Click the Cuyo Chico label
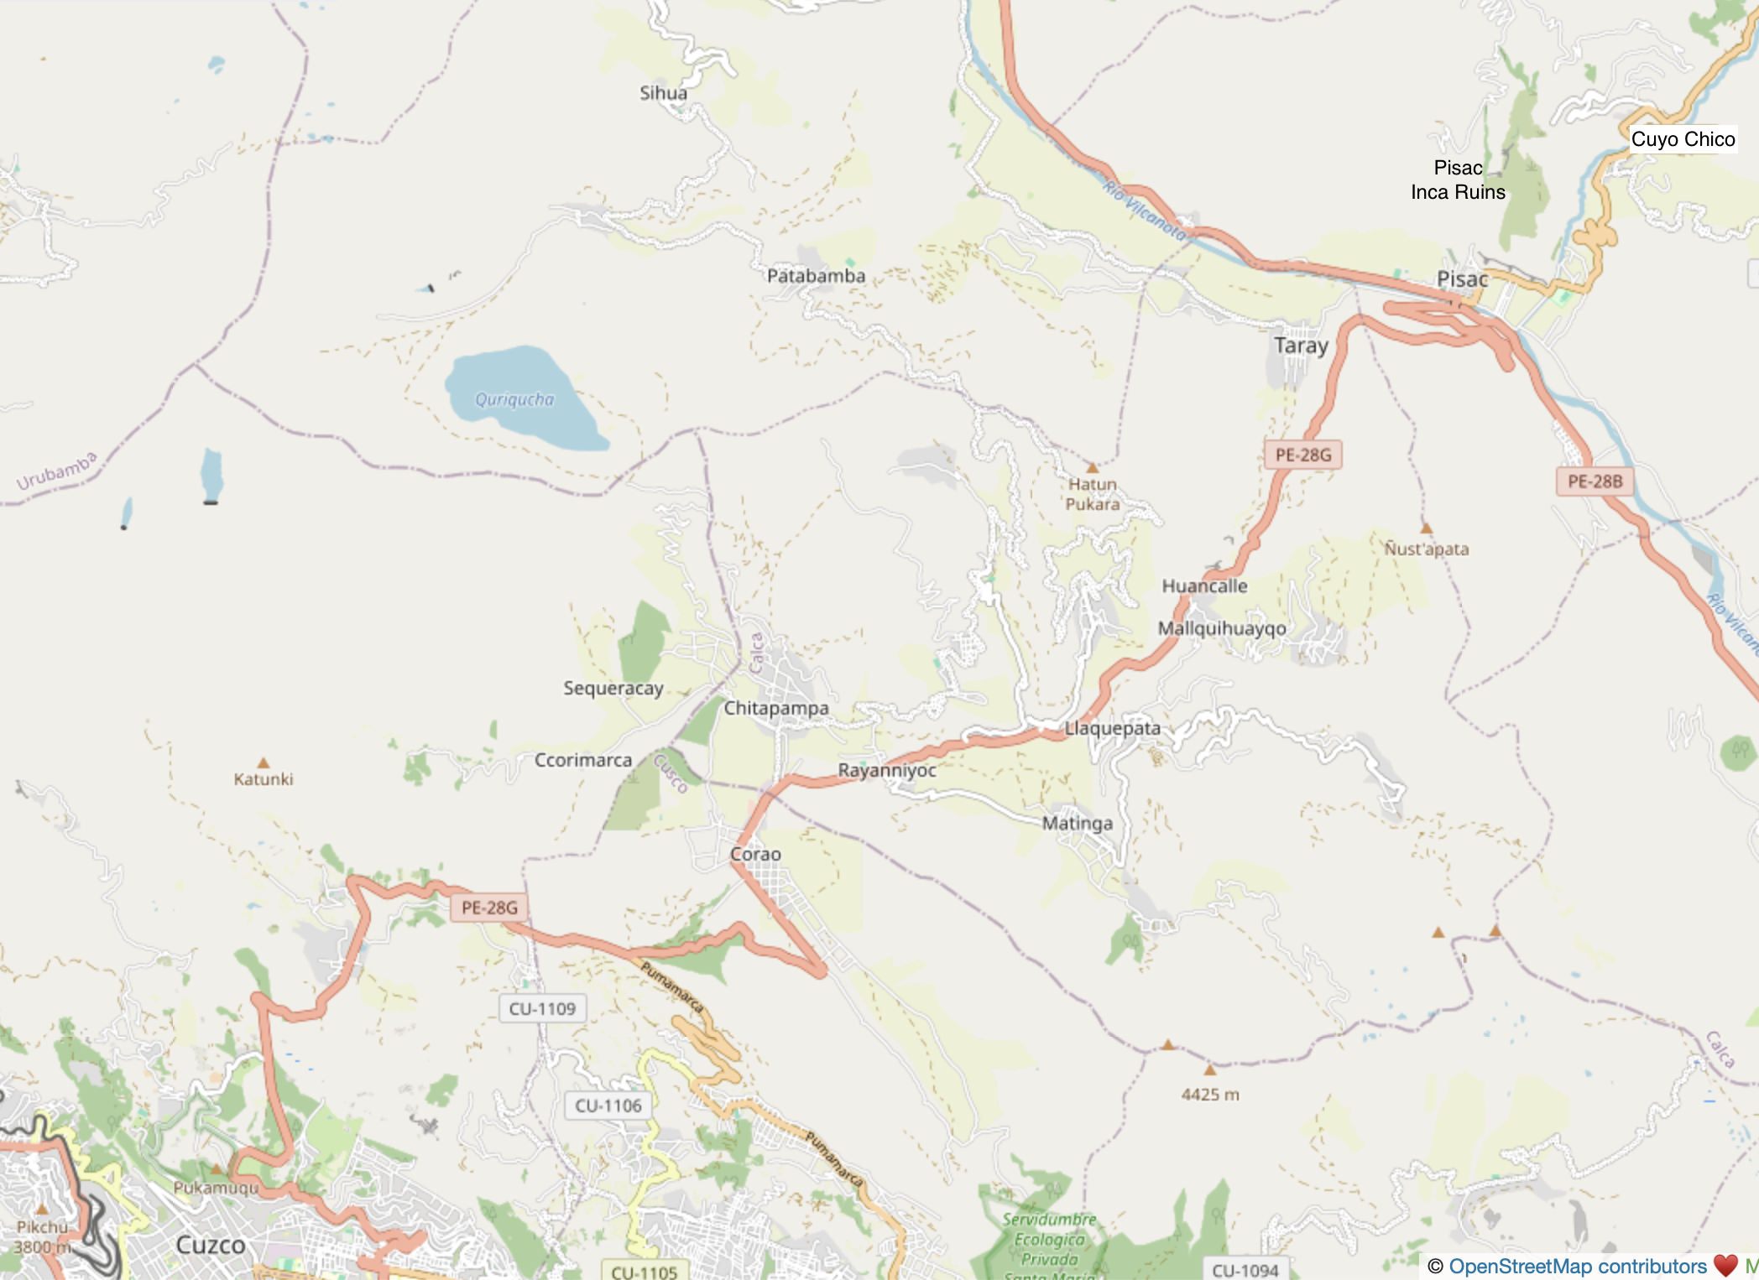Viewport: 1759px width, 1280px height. pyautogui.click(x=1682, y=139)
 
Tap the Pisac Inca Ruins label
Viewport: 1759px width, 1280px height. pyautogui.click(x=1458, y=180)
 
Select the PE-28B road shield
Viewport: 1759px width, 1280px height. pyautogui.click(x=1595, y=481)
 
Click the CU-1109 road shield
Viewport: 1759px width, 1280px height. pyautogui.click(x=542, y=1008)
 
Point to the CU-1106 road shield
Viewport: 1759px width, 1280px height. pyautogui.click(x=608, y=1106)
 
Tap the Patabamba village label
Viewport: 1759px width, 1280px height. pyautogui.click(x=816, y=276)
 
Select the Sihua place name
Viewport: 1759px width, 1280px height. pyautogui.click(x=663, y=93)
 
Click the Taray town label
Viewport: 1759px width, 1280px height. pyautogui.click(x=1301, y=346)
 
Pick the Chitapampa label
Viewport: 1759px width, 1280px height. pyautogui.click(x=776, y=708)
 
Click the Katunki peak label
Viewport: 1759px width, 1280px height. pyautogui.click(x=264, y=779)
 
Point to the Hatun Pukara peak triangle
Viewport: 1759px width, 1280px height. pyautogui.click(x=1093, y=467)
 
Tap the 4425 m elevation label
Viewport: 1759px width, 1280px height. pyautogui.click(x=1209, y=1095)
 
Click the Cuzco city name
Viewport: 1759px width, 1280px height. pyautogui.click(x=211, y=1245)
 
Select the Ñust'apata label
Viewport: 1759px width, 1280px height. pyautogui.click(x=1426, y=549)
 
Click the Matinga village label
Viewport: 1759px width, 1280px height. pyautogui.click(x=1077, y=824)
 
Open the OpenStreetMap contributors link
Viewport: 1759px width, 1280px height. pyautogui.click(x=1577, y=1266)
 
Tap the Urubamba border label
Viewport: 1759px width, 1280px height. pyautogui.click(x=57, y=471)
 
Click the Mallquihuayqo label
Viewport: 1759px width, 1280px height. pyautogui.click(x=1221, y=628)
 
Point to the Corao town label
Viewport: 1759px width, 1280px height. pyautogui.click(x=755, y=854)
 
